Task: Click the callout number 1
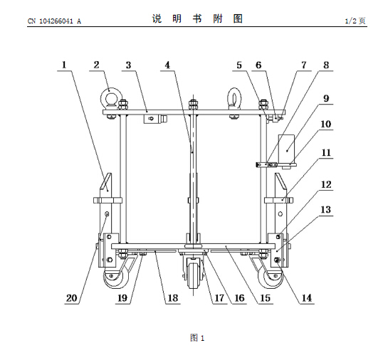(64, 65)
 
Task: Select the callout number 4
(167, 65)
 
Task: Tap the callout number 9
(326, 98)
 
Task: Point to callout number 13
(326, 210)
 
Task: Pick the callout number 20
(72, 298)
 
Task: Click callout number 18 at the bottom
(173, 298)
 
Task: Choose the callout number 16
(240, 298)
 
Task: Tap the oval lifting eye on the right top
(234, 98)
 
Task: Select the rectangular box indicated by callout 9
(286, 149)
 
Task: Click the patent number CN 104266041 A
(54, 21)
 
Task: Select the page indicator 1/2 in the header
(351, 21)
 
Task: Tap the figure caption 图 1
(197, 338)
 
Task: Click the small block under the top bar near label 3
(152, 120)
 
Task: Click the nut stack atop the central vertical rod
(193, 105)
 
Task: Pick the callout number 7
(303, 65)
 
